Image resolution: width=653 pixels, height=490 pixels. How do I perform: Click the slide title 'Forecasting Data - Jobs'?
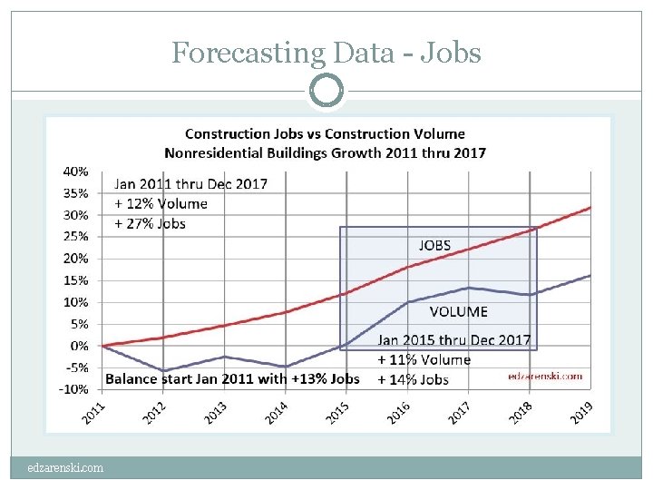coord(326,54)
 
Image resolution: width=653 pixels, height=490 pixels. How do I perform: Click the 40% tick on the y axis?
coord(76,171)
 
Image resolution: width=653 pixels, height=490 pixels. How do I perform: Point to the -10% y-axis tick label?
coord(74,389)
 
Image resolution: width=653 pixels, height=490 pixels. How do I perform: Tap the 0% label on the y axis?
coord(80,346)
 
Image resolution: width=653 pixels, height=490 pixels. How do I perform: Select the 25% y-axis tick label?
coord(76,236)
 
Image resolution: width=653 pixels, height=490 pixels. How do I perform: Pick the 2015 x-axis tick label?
coord(336,413)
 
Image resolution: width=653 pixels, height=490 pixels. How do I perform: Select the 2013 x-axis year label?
coord(215,413)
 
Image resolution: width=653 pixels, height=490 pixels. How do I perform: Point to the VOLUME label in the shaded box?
coord(458,311)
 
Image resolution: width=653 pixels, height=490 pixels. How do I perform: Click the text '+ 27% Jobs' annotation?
coord(150,223)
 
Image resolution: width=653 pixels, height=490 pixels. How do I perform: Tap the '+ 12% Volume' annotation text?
coord(161,203)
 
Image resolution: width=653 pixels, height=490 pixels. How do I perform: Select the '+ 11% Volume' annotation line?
coord(424,359)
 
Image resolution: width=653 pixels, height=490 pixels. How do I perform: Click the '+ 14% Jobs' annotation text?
coord(414,379)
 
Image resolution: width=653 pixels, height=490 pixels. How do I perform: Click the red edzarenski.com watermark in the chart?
coord(545,375)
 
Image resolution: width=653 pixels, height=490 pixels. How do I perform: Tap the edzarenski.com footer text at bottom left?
coord(65,468)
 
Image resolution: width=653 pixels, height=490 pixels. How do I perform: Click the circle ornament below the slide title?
coord(326,91)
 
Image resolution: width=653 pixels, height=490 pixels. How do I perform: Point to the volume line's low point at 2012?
coord(164,371)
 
